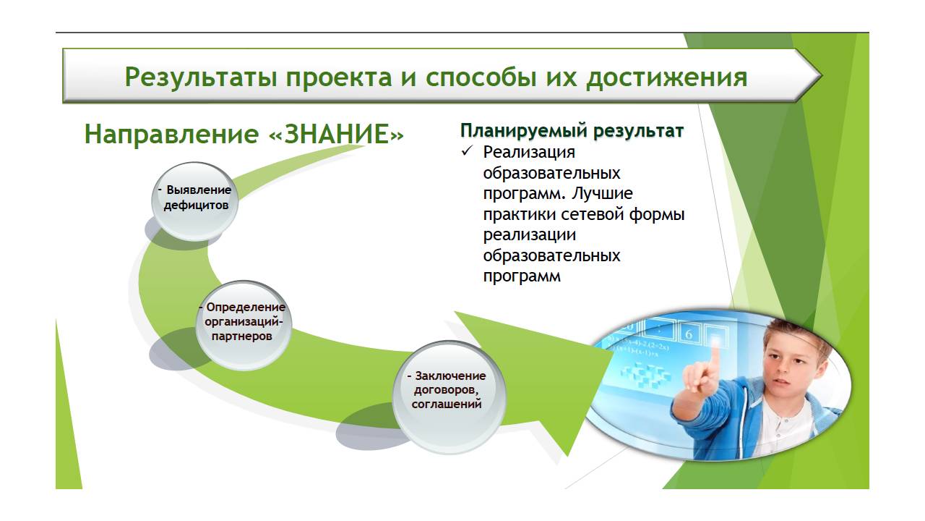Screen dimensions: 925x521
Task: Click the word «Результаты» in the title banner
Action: click(x=201, y=77)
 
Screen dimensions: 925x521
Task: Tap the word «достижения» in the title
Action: click(x=666, y=77)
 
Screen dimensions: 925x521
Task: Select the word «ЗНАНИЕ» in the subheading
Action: click(x=336, y=134)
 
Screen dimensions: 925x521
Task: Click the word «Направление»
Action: click(x=171, y=135)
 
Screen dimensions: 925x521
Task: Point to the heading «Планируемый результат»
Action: click(x=572, y=131)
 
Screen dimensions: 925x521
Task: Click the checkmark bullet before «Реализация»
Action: click(x=467, y=151)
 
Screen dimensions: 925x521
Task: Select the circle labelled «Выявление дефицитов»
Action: click(x=195, y=201)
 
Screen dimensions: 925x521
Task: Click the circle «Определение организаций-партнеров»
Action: click(x=244, y=325)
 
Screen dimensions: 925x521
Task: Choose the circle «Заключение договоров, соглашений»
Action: click(x=449, y=397)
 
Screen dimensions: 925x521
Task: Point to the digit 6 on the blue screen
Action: click(x=689, y=334)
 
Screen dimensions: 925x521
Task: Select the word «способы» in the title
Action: click(x=481, y=77)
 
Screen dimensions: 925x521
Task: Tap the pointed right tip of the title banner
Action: click(x=822, y=76)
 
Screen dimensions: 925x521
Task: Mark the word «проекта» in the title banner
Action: click(x=339, y=78)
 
